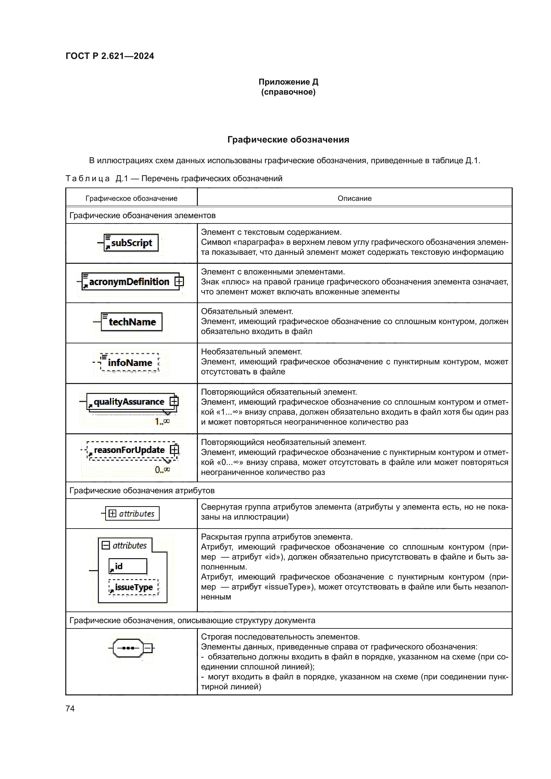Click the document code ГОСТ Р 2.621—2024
click(x=110, y=56)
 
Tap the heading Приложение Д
click(x=288, y=82)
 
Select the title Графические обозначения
click(x=288, y=140)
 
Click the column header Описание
click(x=354, y=198)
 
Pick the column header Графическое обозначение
click(x=131, y=198)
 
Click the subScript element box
click(x=131, y=243)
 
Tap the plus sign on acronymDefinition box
click(x=179, y=281)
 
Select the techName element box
click(x=132, y=322)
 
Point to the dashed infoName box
click(x=130, y=363)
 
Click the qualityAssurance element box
click(x=129, y=402)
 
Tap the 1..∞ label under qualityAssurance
click(x=162, y=421)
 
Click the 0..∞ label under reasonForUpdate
click(x=162, y=470)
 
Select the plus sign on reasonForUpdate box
click(x=174, y=450)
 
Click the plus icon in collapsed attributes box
click(x=112, y=513)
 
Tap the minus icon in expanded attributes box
click(x=106, y=545)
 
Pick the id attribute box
click(x=128, y=566)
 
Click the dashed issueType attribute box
click(x=134, y=587)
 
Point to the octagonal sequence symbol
click(x=128, y=648)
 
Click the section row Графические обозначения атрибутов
click(x=142, y=490)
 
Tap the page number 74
click(x=70, y=708)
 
